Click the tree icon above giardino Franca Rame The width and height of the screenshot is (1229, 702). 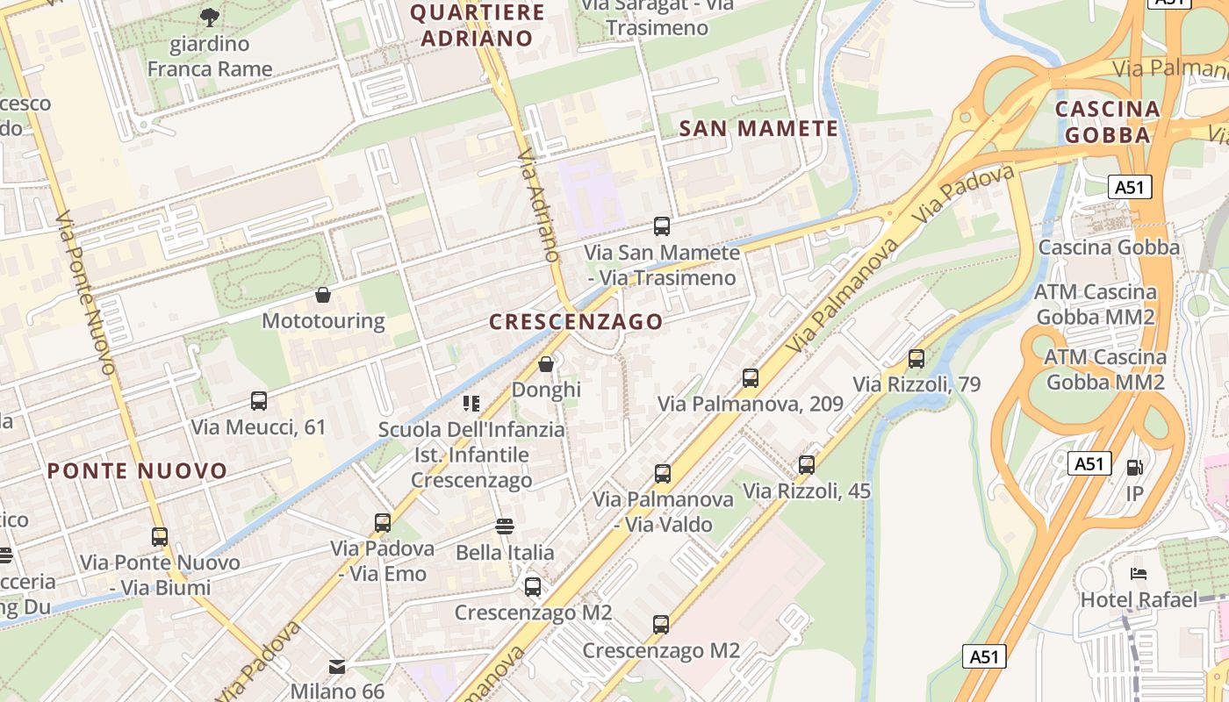coord(209,16)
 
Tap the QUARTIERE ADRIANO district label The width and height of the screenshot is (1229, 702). coord(478,25)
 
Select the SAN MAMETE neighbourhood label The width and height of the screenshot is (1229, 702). coord(759,129)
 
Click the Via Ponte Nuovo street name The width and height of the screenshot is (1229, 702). coord(84,293)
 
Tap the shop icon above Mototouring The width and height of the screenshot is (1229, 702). coord(323,295)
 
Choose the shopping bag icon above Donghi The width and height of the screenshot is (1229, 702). coord(546,363)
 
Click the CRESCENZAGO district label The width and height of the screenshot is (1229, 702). coord(576,322)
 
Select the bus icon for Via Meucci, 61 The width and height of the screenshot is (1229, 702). coord(259,401)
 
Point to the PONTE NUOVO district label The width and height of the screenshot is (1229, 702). coord(138,471)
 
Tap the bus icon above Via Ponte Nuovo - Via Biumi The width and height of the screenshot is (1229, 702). coord(160,536)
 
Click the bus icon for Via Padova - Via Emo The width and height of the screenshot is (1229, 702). coord(383,523)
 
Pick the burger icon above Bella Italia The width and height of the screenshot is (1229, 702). coord(505,526)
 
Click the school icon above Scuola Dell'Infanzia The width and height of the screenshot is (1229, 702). coord(471,403)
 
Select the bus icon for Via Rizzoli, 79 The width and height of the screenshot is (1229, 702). coord(916,358)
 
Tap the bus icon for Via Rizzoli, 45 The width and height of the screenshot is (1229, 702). coord(807,465)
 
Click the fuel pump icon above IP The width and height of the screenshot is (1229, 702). coord(1135,468)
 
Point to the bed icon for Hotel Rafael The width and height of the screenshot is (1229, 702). coord(1139,574)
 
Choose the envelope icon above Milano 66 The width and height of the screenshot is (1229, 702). coord(337,666)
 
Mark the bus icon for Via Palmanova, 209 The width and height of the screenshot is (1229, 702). coord(751,378)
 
